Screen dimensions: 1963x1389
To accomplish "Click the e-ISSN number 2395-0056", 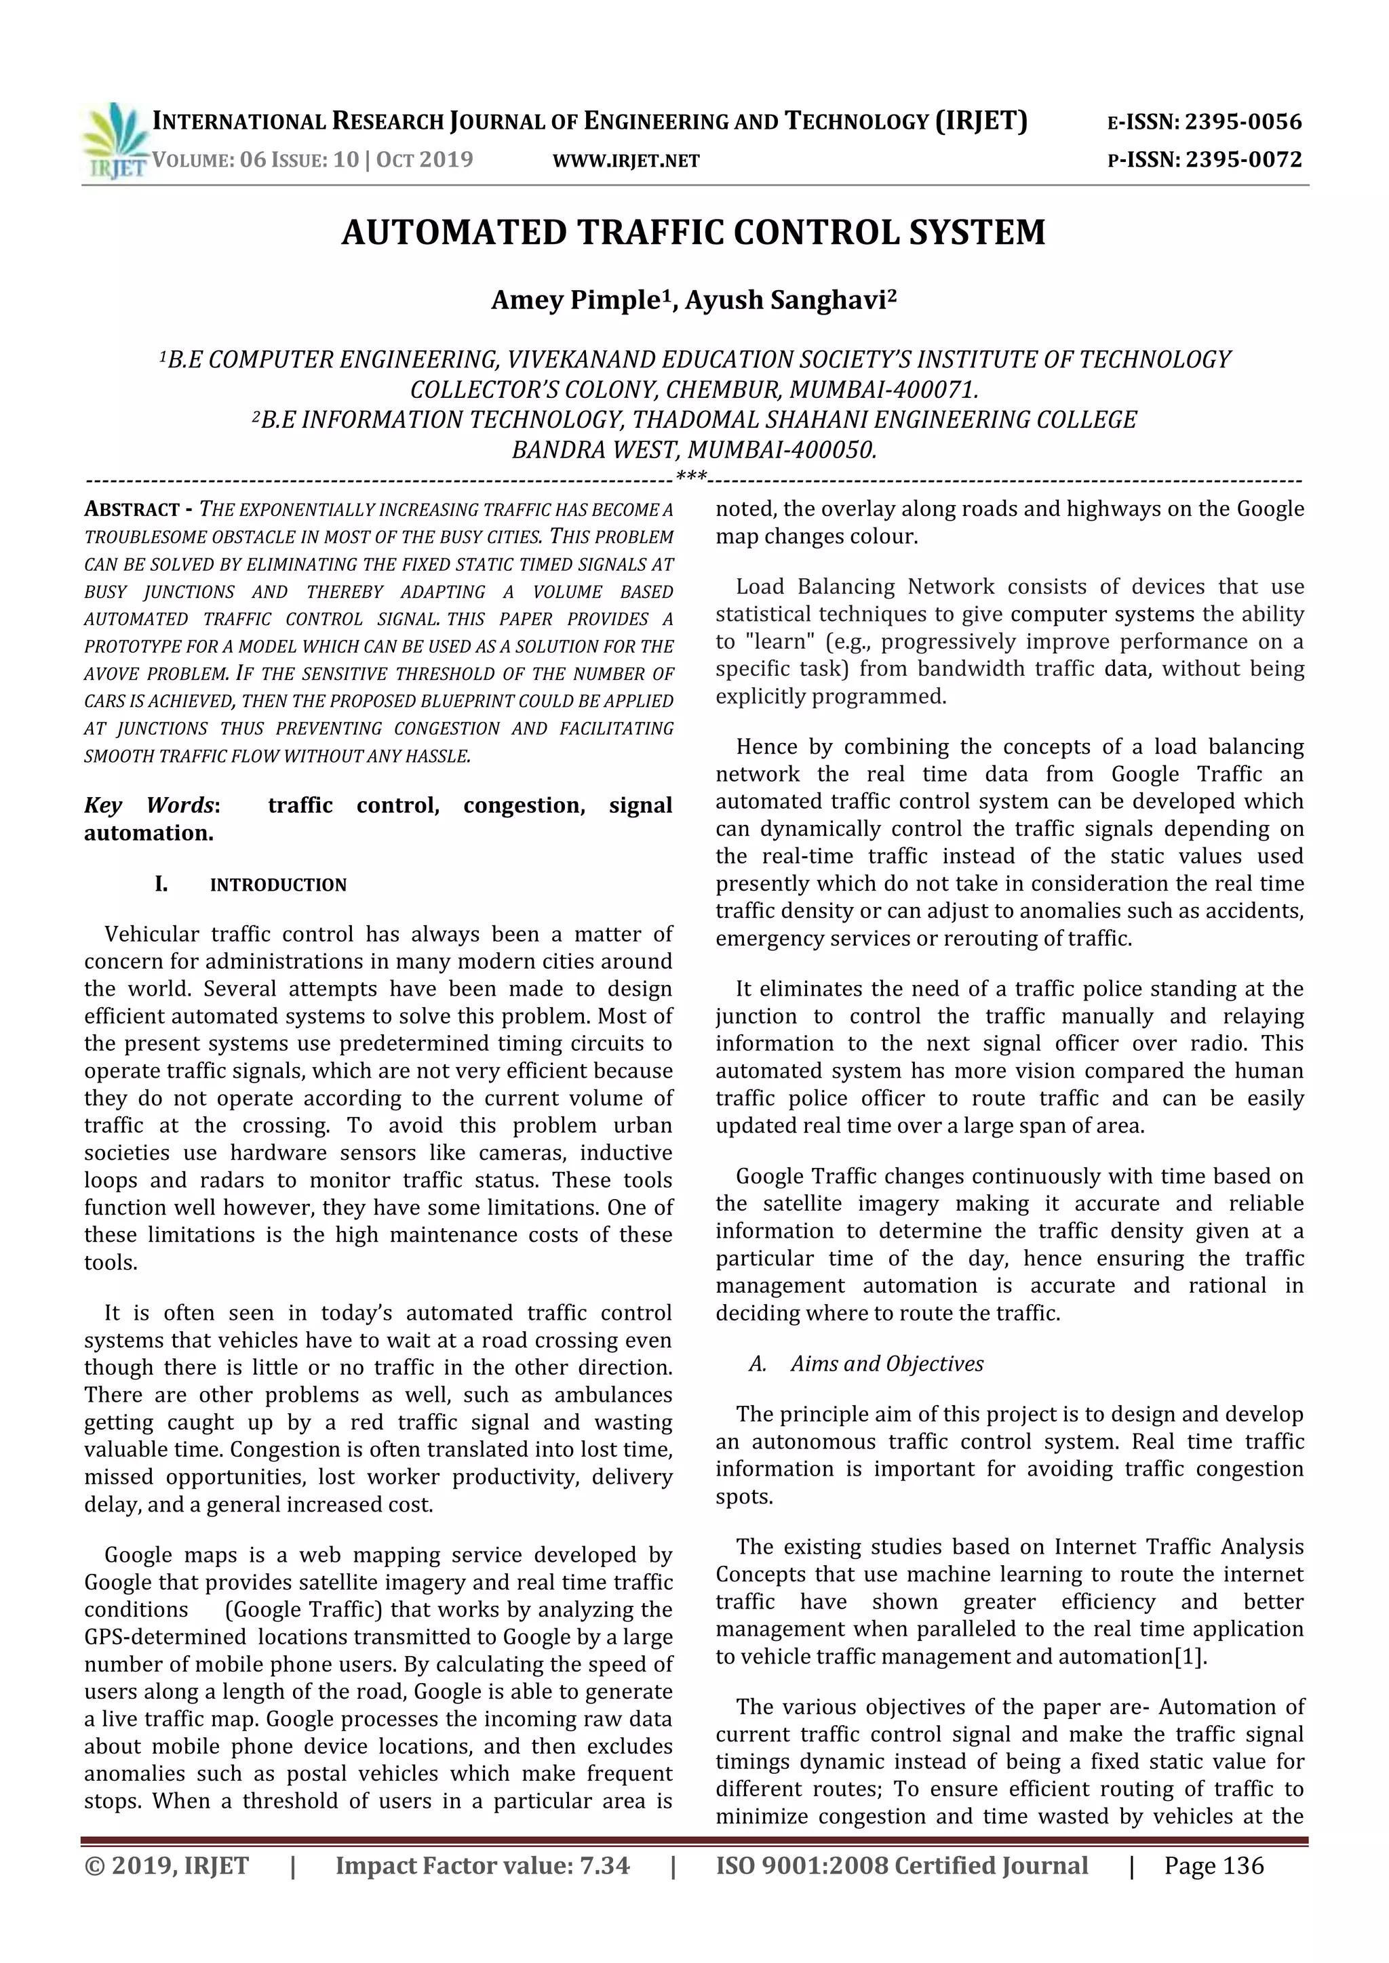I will coord(1243,122).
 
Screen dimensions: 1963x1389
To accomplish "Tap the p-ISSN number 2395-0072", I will coord(1243,160).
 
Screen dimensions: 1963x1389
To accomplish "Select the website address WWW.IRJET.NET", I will coord(626,161).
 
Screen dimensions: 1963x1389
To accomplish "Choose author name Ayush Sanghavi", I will coord(785,300).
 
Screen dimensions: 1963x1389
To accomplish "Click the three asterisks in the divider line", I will coord(691,477).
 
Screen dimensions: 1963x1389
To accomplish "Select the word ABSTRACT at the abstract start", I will coord(132,510).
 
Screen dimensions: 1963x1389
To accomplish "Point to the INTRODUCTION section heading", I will coord(278,885).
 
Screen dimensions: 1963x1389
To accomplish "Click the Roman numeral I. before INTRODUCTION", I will coord(161,885).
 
